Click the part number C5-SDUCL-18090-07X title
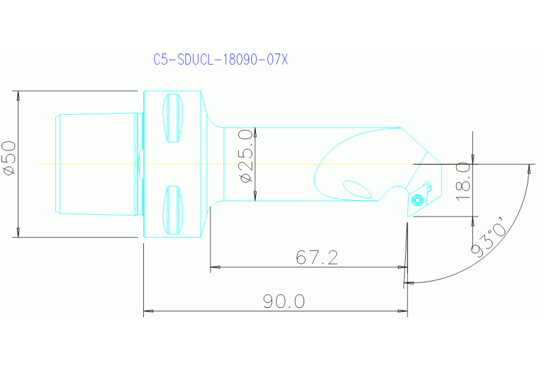(221, 60)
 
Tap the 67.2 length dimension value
(317, 258)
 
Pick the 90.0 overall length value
(284, 302)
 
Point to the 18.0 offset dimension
(463, 180)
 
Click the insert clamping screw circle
(418, 201)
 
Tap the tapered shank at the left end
(95, 164)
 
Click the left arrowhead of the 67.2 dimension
(215, 267)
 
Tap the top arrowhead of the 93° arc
(529, 169)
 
